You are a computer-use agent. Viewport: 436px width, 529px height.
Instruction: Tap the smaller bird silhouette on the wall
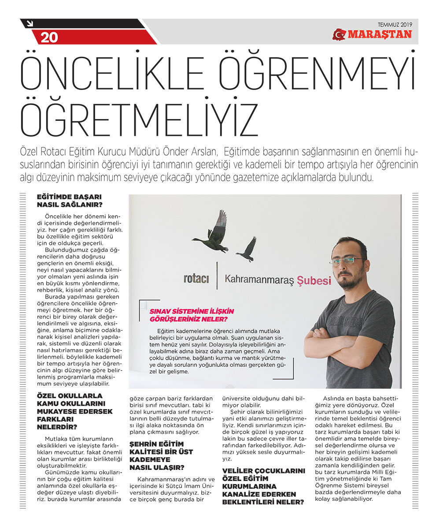pos(247,250)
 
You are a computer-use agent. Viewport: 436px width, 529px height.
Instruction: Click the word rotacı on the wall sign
pos(196,279)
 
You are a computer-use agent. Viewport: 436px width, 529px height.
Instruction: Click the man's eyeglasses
pos(347,260)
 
